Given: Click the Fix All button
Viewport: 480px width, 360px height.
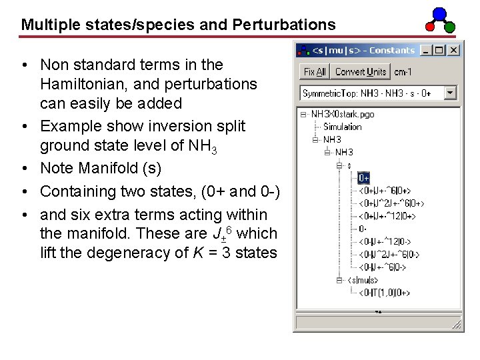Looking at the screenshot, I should tap(315, 72).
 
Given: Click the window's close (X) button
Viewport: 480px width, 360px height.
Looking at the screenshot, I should tap(453, 50).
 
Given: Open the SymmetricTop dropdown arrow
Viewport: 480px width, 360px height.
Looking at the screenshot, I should tap(450, 93).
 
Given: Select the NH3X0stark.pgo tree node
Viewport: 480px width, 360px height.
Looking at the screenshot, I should tap(343, 114).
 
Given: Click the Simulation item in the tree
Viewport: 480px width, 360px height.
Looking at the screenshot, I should tap(342, 127).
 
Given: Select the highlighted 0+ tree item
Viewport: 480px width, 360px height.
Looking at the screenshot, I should tap(363, 178).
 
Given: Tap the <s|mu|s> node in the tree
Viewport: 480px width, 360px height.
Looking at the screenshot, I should tap(363, 280).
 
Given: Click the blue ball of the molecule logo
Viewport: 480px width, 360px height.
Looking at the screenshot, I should tap(439, 13).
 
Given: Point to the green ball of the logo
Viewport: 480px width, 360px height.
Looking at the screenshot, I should tap(449, 27).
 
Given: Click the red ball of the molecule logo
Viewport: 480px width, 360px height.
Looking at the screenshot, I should tap(431, 27).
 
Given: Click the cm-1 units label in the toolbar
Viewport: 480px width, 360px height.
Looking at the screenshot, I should tap(403, 72).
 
